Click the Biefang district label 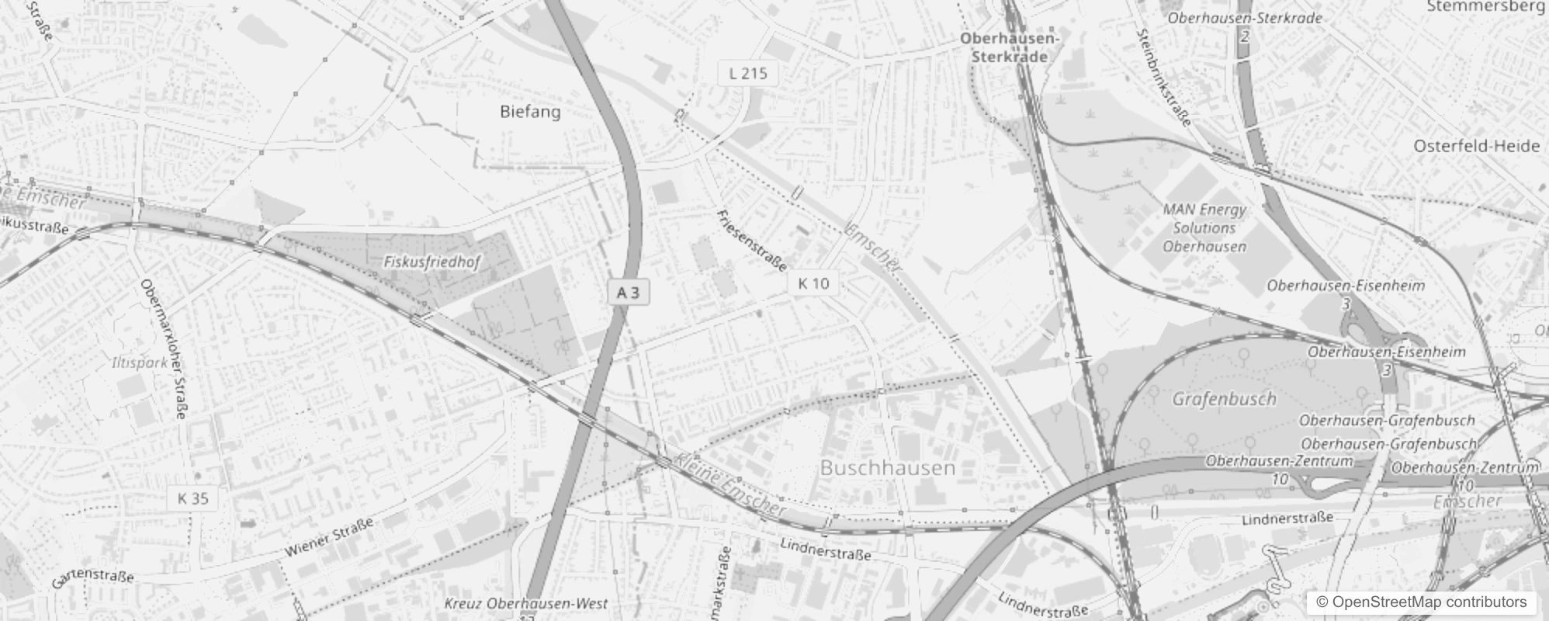[530, 112]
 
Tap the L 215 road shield [747, 73]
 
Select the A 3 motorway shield [628, 293]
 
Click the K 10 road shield [813, 283]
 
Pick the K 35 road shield [192, 498]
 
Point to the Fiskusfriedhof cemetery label [432, 262]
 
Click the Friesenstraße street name [751, 240]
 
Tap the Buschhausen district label [887, 467]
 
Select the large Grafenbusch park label [1224, 400]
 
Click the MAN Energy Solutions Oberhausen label [1204, 228]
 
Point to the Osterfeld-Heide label [1476, 146]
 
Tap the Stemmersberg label [1486, 7]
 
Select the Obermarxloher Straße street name [163, 349]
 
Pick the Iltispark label [140, 363]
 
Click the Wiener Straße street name [328, 537]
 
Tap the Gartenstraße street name [93, 578]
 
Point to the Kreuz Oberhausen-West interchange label [526, 603]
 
